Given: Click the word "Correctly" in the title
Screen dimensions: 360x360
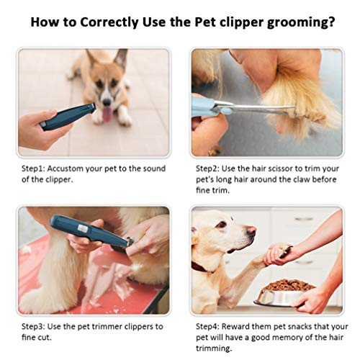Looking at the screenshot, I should [x=106, y=22].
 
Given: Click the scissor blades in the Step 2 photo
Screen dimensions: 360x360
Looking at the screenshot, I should [x=270, y=110].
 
